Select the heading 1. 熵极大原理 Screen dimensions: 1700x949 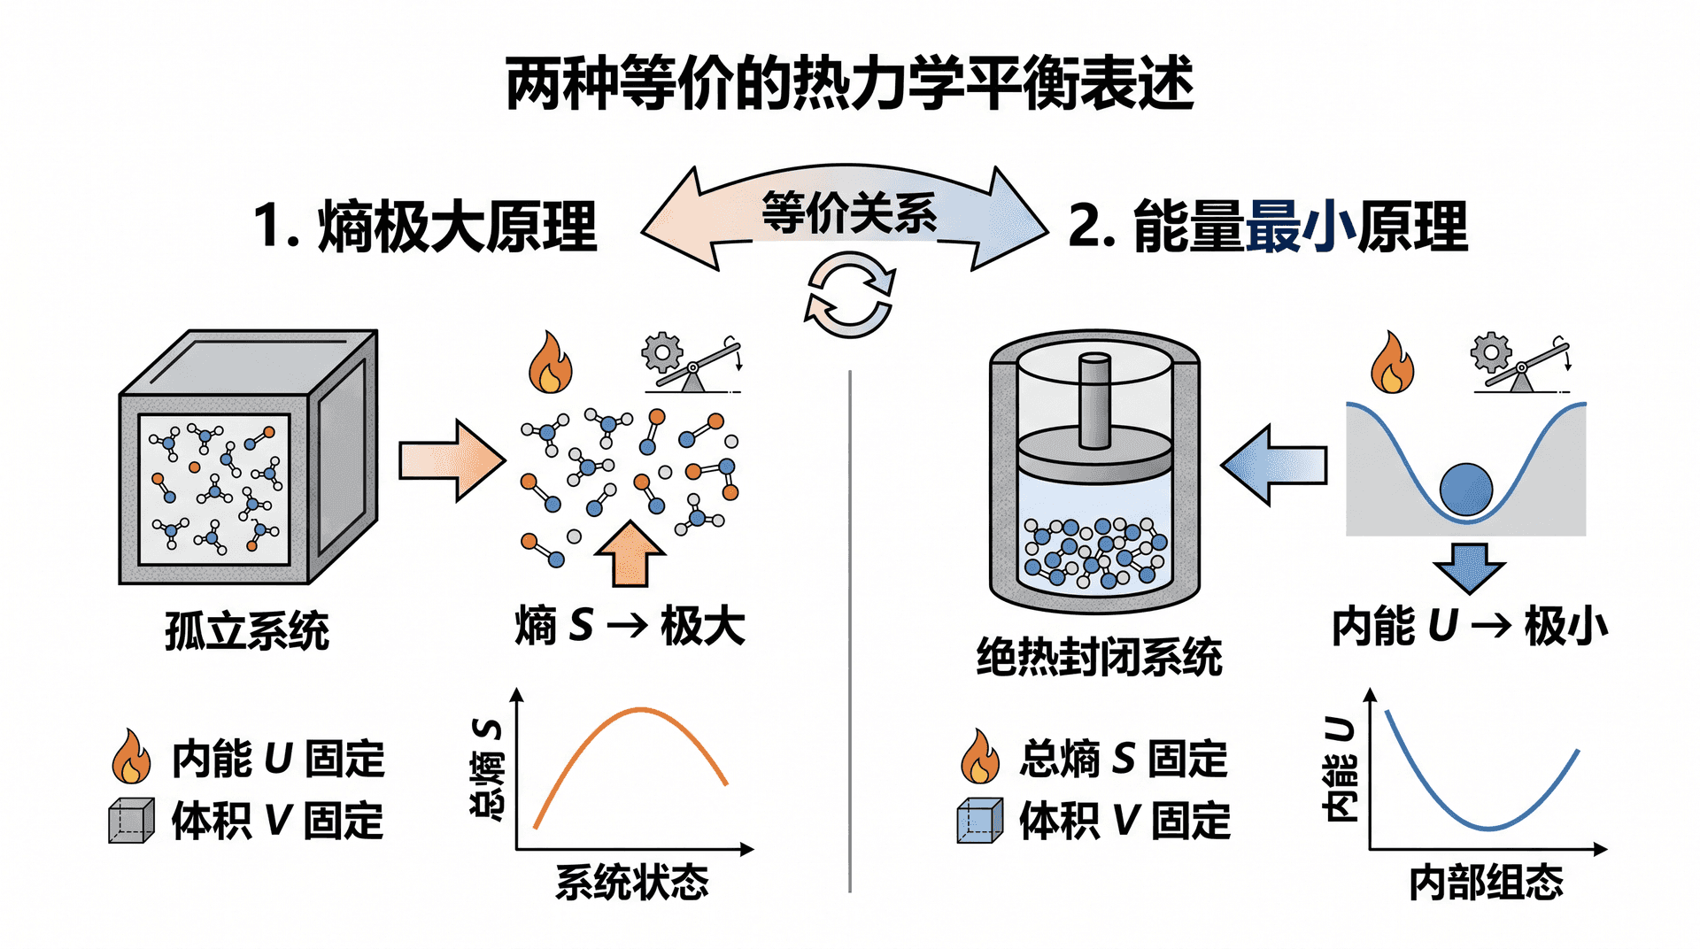pyautogui.click(x=425, y=227)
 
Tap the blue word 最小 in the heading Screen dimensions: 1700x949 pyautogui.click(x=1301, y=227)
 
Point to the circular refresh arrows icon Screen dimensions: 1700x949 pyautogui.click(x=849, y=296)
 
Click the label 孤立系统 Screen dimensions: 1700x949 pyautogui.click(x=247, y=630)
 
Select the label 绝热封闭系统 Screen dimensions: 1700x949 pyautogui.click(x=1100, y=657)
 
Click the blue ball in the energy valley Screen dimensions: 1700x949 pyautogui.click(x=1466, y=490)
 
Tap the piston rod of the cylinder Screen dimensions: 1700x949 pyautogui.click(x=1094, y=400)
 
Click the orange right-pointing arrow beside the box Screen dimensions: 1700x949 pyautogui.click(x=452, y=460)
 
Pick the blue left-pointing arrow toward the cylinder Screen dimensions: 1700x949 pyautogui.click(x=1273, y=465)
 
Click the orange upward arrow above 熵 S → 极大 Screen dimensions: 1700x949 pyautogui.click(x=630, y=553)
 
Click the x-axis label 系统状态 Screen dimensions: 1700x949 pyautogui.click(x=632, y=883)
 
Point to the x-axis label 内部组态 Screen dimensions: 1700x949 pyautogui.click(x=1487, y=883)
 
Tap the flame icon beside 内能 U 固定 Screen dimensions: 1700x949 pyautogui.click(x=131, y=756)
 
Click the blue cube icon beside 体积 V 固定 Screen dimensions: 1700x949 pyautogui.click(x=980, y=820)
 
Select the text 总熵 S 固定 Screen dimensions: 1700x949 pyautogui.click(x=1124, y=759)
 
